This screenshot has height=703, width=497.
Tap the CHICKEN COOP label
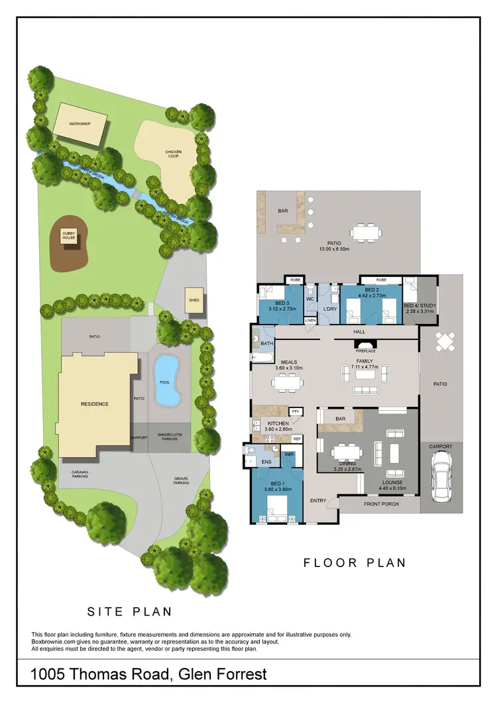coord(174,154)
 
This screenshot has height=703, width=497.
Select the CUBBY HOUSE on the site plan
coord(70,235)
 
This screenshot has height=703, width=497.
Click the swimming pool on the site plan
coord(166,382)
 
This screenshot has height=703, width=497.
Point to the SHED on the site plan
coord(194,299)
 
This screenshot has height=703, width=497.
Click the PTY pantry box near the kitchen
coord(296,411)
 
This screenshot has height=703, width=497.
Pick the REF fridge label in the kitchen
coord(297,439)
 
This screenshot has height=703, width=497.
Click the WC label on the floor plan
coord(309,299)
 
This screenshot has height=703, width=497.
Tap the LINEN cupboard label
coord(310,321)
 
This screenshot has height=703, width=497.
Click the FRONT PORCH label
coord(380,505)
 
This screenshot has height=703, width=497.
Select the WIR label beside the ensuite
coord(290,455)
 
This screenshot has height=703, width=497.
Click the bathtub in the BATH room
coord(261,358)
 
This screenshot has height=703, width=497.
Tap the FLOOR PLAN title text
coord(355,564)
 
